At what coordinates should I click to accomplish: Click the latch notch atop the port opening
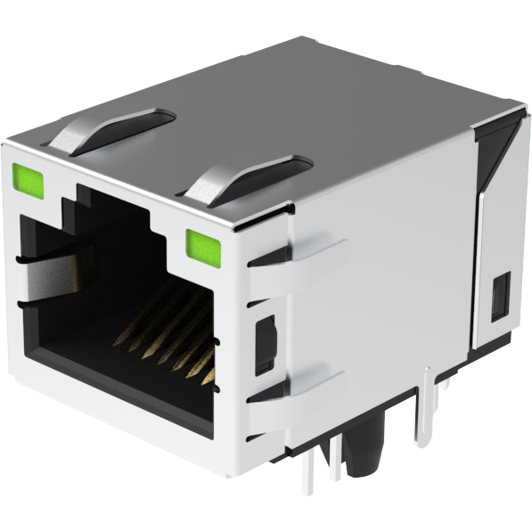[116, 201]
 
